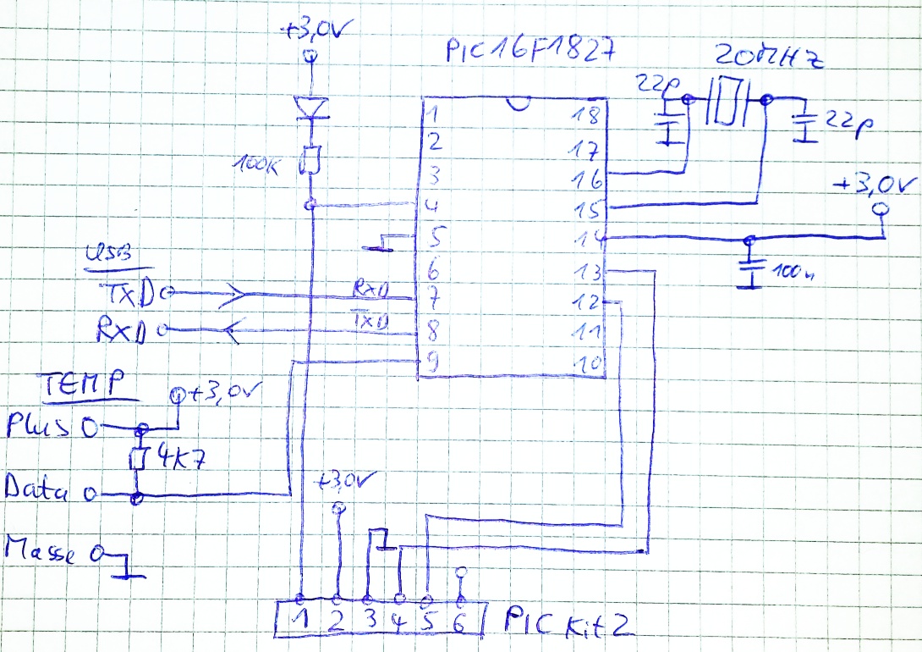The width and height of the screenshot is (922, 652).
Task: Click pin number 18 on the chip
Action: point(586,115)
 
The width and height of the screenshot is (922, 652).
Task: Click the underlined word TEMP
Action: point(82,384)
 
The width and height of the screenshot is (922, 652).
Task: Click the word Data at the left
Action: point(37,488)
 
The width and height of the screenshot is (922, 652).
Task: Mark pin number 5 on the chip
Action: point(435,238)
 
